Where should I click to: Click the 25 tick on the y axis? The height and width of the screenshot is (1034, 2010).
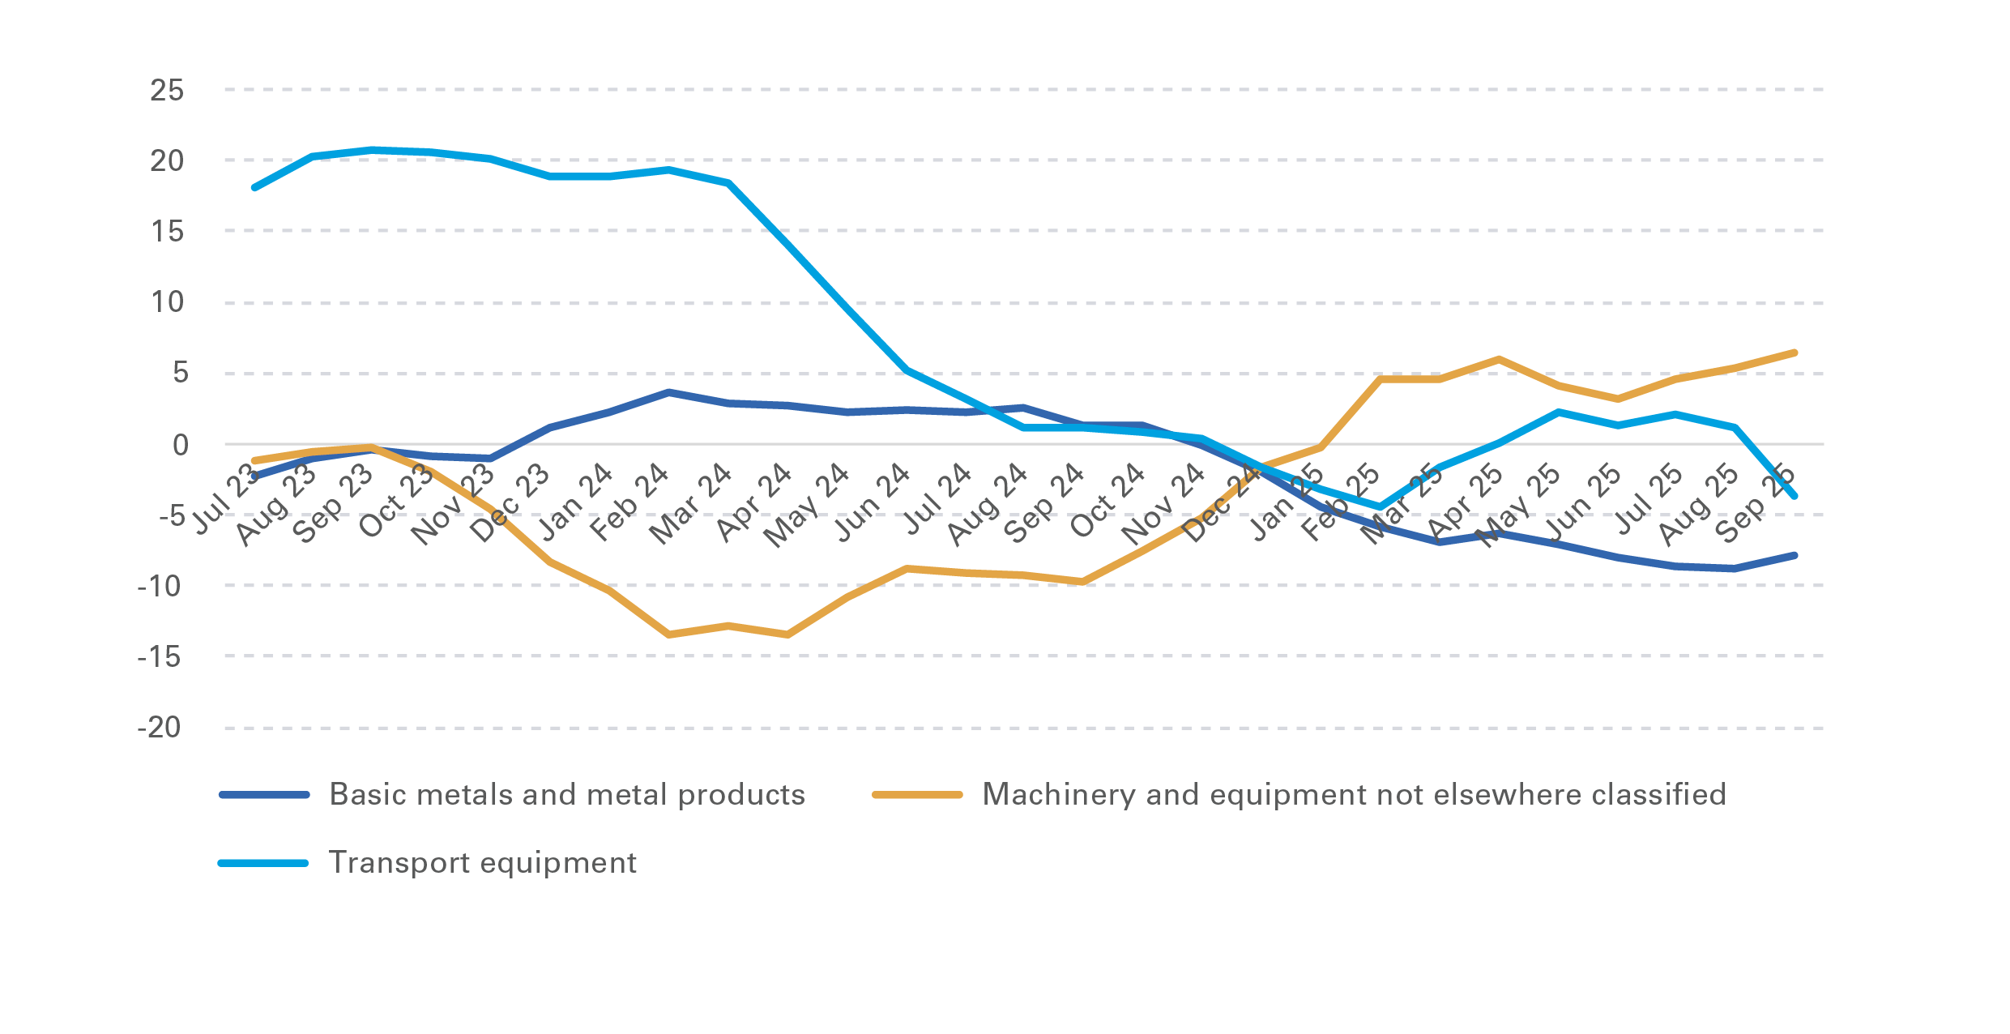pos(167,90)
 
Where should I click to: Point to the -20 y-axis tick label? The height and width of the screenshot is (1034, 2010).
pos(160,727)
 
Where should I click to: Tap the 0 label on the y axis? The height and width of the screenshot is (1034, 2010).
pos(180,444)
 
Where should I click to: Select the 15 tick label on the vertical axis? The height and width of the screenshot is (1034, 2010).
pos(167,232)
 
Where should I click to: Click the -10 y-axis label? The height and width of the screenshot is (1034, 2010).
pos(160,586)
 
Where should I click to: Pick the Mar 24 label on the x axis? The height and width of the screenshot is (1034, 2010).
pos(690,505)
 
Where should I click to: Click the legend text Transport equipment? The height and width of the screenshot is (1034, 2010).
pos(482,863)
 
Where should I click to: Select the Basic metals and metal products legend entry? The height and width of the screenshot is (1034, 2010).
pos(567,795)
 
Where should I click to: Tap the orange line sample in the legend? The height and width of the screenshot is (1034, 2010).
pos(916,795)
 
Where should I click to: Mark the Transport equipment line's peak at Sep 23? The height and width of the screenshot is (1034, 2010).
pos(372,150)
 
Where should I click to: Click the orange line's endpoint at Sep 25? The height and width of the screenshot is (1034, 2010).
pos(1794,353)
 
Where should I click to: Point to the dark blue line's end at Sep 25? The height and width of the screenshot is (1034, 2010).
pos(1794,556)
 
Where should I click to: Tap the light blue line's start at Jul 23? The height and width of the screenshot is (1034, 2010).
pos(254,187)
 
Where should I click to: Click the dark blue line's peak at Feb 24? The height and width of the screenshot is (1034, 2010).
pos(668,392)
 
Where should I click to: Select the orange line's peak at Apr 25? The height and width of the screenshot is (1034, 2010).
pos(1499,359)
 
